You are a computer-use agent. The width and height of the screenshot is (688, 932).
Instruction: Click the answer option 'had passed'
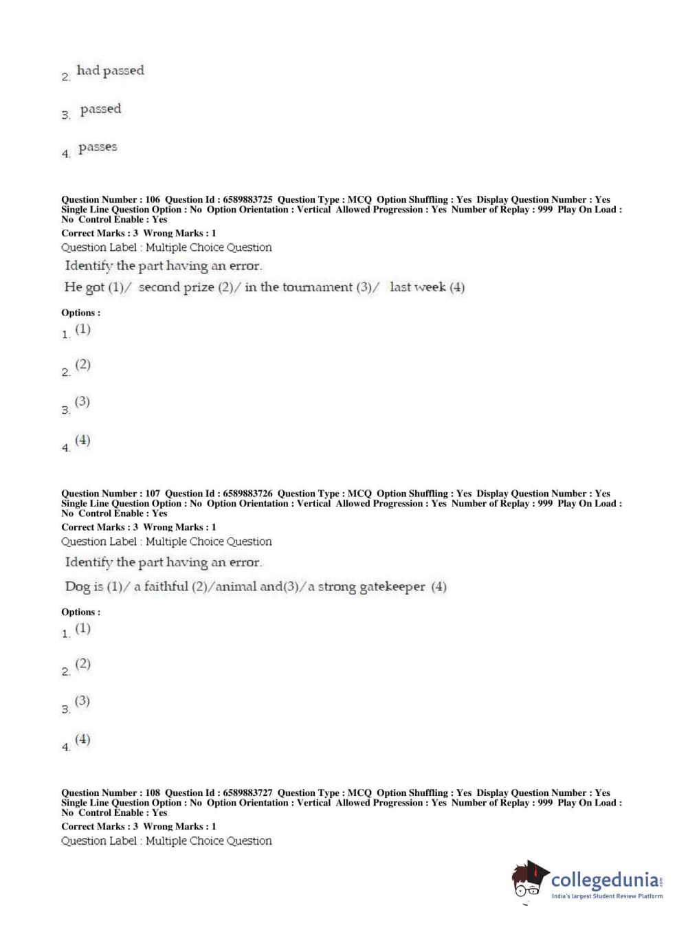coord(110,71)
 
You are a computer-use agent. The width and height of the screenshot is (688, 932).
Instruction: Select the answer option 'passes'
coord(98,147)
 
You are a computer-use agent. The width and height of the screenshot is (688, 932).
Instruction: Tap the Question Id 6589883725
coord(247,199)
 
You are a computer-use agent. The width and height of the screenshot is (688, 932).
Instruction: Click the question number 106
coord(153,199)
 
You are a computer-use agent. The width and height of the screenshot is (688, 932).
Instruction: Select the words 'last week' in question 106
coord(417,287)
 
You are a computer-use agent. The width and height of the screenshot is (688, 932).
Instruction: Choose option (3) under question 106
coord(82,401)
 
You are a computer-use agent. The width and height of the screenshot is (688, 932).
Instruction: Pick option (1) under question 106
coord(82,329)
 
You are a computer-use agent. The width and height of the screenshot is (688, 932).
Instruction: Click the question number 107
coord(153,493)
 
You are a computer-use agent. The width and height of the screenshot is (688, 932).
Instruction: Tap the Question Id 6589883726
coord(247,493)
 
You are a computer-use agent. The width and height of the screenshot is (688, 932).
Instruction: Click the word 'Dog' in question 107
coord(78,586)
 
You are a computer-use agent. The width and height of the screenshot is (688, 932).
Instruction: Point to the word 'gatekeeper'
coord(392,586)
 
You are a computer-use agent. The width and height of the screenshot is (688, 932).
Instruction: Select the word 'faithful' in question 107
coord(165,586)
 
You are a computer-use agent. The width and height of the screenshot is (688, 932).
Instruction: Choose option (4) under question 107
coord(82,740)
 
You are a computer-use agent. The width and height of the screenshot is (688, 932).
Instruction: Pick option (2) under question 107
coord(82,664)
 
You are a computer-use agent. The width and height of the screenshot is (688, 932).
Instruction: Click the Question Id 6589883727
coord(247,792)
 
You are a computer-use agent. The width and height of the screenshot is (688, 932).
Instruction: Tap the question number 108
coord(153,792)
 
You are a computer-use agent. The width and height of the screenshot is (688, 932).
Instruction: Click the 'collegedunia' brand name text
coord(604,880)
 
